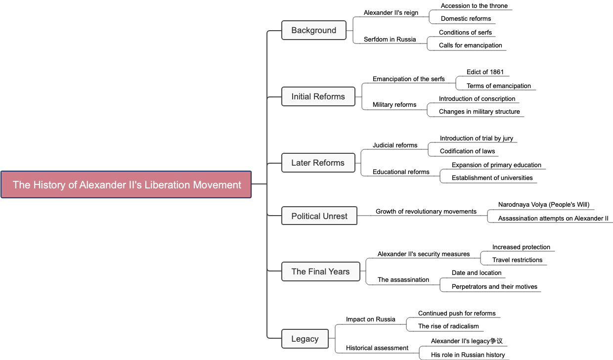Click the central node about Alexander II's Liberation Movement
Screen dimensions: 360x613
tap(126, 184)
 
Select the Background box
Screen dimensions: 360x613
tap(313, 30)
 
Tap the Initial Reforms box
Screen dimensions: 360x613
tap(318, 96)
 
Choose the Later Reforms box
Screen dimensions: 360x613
tap(318, 163)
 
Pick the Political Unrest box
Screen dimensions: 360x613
tap(319, 216)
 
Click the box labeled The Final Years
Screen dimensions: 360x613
tap(320, 271)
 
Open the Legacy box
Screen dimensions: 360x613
tap(305, 339)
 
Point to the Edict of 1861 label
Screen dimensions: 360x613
tap(485, 72)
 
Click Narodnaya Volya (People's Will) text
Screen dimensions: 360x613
tap(543, 205)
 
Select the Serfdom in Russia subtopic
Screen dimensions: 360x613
tap(390, 40)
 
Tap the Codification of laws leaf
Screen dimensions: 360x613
tap(467, 151)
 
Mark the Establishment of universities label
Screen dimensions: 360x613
tap(492, 178)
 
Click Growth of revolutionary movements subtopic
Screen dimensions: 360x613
tap(426, 212)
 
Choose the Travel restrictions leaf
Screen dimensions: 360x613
tap(517, 260)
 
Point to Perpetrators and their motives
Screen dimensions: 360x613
tap(494, 287)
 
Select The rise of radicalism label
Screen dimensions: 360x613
tap(448, 326)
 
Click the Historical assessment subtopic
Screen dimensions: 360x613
tap(377, 348)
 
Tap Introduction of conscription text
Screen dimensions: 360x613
tap(477, 99)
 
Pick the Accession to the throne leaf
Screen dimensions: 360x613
tap(474, 6)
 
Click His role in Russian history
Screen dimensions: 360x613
tap(468, 355)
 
